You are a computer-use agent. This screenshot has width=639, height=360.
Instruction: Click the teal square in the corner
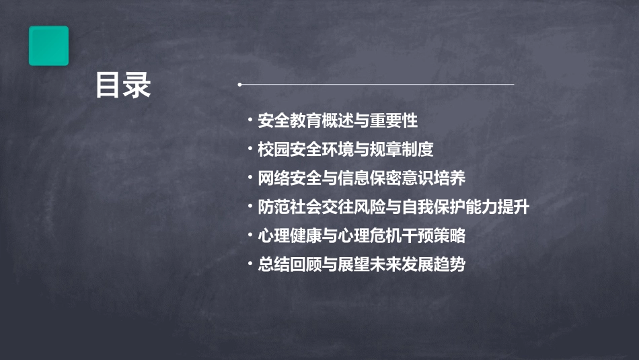pos(48,46)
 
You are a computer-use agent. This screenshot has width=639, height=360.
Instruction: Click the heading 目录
pos(123,85)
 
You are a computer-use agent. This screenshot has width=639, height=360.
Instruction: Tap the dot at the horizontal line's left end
pos(240,85)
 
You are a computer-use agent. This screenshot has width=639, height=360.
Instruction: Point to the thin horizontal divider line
pos(377,85)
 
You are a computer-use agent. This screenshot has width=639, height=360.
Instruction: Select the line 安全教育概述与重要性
pos(338,121)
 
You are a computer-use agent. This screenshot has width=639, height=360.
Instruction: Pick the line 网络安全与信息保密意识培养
pos(361,179)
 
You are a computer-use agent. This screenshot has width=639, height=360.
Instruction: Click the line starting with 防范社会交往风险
pos(393,207)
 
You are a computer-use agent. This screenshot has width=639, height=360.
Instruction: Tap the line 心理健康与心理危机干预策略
pos(361,236)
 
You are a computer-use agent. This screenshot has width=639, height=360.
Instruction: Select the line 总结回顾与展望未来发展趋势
pos(361,265)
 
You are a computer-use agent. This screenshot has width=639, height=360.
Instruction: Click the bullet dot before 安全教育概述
pos(250,121)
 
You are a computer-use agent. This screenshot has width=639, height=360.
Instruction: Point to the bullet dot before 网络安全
pos(250,179)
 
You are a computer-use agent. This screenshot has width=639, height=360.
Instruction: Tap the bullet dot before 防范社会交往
pos(250,207)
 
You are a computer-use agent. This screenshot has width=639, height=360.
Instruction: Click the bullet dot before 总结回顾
pos(250,265)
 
